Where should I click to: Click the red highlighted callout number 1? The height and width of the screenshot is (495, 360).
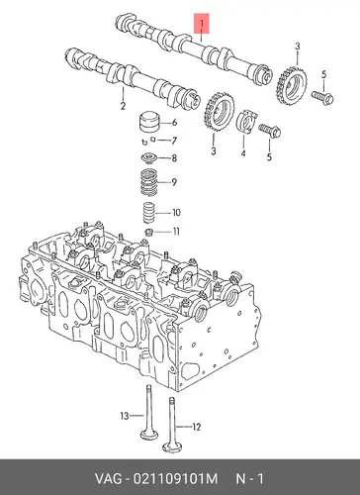tap(202, 24)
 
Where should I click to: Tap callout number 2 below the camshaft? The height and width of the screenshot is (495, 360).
tap(123, 106)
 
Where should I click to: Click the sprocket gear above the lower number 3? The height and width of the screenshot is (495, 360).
tap(219, 112)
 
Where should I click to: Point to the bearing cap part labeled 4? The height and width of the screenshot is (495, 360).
tap(247, 121)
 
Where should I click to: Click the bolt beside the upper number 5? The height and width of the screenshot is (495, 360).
tap(322, 96)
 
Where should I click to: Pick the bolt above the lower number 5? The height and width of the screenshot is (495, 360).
tap(270, 130)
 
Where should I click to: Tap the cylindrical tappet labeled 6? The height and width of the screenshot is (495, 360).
tap(148, 123)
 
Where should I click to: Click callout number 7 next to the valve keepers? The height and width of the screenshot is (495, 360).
tap(174, 141)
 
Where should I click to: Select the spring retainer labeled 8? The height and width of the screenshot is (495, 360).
tap(148, 157)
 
